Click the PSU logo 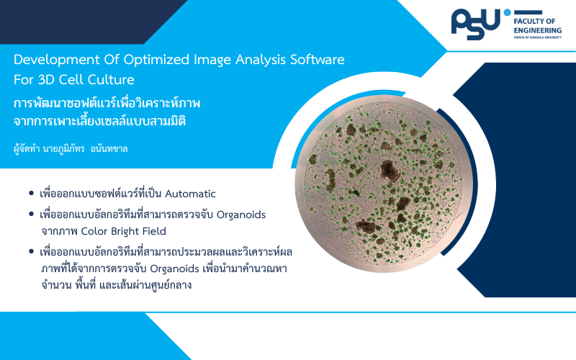point(476,24)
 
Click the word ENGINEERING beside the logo point(537,30)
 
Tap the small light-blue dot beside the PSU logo point(507,12)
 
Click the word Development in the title point(57,60)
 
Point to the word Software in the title point(318,60)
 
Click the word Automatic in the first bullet point(190,194)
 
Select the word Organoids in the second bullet point(241,215)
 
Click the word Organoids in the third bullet point(174,269)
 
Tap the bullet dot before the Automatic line point(31,193)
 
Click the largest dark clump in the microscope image point(390,171)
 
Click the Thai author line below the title point(71,149)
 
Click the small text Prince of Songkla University point(537,37)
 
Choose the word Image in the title point(212,60)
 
